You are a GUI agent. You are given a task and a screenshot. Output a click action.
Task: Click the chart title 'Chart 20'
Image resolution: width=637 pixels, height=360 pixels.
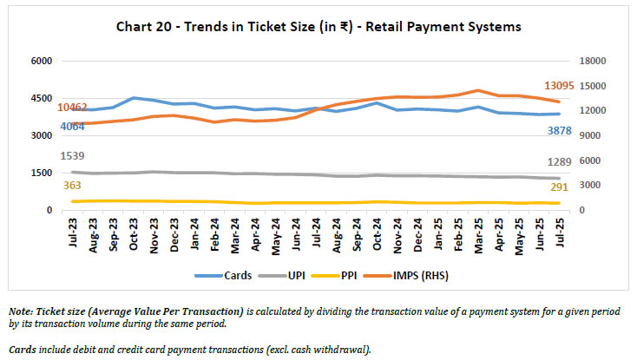[318, 27]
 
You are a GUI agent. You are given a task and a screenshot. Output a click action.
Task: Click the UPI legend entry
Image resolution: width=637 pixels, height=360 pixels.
[305, 275]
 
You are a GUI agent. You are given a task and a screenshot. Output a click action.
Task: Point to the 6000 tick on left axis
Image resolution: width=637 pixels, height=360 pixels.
[43, 62]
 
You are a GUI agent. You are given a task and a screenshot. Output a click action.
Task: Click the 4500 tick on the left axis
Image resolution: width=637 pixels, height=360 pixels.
[43, 99]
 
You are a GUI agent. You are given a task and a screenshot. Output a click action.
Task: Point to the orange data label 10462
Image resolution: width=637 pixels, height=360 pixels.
[73, 108]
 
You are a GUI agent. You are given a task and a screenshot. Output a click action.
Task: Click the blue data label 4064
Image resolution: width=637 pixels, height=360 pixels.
[73, 127]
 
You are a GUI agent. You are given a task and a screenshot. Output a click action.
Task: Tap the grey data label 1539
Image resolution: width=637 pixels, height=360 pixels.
[73, 156]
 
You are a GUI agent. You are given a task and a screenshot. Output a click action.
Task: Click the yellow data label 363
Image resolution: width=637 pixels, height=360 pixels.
[73, 185]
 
